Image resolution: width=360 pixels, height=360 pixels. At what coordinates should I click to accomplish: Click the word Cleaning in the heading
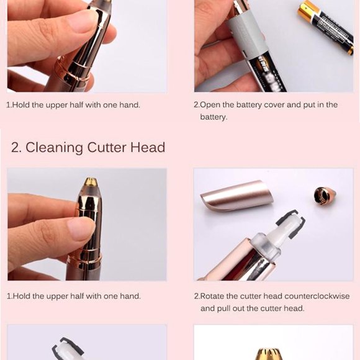click(x=55, y=148)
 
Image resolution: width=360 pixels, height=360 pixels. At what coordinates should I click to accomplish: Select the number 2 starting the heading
click(x=16, y=148)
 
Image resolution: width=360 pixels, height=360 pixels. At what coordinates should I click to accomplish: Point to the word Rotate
click(x=214, y=296)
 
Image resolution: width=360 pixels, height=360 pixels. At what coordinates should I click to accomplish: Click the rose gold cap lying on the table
click(x=236, y=196)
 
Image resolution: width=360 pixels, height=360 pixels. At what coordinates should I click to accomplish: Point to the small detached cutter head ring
click(x=325, y=196)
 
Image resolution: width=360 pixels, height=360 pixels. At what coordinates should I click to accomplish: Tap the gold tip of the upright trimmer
click(x=91, y=182)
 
